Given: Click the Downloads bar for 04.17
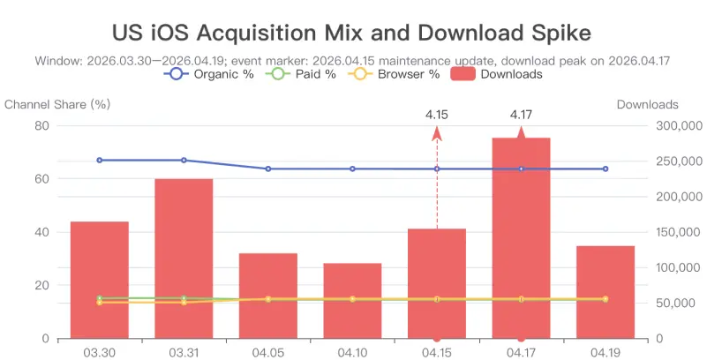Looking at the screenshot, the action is point(521,238).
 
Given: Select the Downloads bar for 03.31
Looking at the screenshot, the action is point(184,259).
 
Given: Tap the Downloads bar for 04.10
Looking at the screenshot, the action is point(352,301).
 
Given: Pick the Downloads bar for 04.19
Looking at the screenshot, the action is point(605,292).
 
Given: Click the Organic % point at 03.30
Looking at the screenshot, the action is point(99,160).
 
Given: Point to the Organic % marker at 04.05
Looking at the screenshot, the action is point(267,169).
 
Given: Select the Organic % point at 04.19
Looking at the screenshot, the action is point(605,169).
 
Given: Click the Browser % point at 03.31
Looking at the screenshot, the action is point(184,303).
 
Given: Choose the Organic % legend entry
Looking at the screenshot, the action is point(209,74).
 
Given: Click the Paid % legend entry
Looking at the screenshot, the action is point(301,74).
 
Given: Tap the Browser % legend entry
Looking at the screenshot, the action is point(394,74).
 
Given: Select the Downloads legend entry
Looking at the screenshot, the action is point(496,74).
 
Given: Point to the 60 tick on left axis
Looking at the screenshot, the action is point(42,178).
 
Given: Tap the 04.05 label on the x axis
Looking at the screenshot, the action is point(267,352).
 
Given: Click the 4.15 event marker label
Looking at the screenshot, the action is point(436,115).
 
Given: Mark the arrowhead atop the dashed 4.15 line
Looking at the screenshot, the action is point(436,134).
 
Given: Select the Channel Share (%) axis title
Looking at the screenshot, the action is point(57,104).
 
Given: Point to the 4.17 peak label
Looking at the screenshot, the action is point(521,115).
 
